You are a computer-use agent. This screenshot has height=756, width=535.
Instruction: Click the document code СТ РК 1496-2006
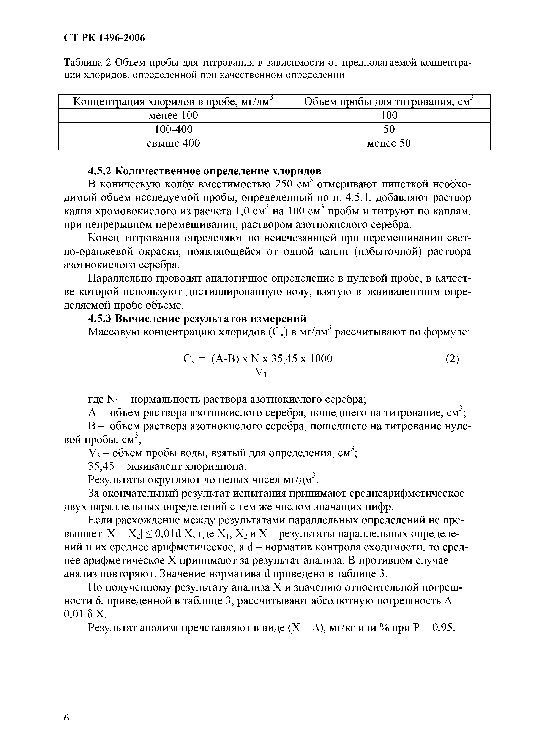(x=104, y=38)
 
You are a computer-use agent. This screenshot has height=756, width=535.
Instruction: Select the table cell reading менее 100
(x=173, y=115)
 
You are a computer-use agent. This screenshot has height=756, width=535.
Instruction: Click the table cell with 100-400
(x=173, y=129)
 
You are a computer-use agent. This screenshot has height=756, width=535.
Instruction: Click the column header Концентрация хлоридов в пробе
(x=173, y=102)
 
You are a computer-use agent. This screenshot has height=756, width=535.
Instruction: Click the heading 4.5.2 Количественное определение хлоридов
(x=205, y=171)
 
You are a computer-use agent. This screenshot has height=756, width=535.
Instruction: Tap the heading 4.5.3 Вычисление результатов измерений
(x=197, y=318)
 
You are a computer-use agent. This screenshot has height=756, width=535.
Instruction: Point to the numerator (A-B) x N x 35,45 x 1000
(x=272, y=359)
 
